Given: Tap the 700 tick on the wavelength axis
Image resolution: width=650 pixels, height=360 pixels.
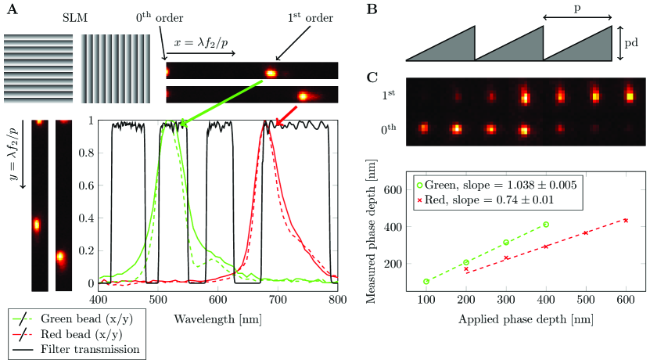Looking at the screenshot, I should pyautogui.click(x=278, y=299).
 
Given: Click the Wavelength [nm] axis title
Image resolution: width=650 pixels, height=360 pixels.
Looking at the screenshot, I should pyautogui.click(x=218, y=320).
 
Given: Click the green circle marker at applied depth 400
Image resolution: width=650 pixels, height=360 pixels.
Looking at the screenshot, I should pyautogui.click(x=546, y=225).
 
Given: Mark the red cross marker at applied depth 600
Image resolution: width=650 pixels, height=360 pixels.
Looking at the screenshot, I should pyautogui.click(x=626, y=220).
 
